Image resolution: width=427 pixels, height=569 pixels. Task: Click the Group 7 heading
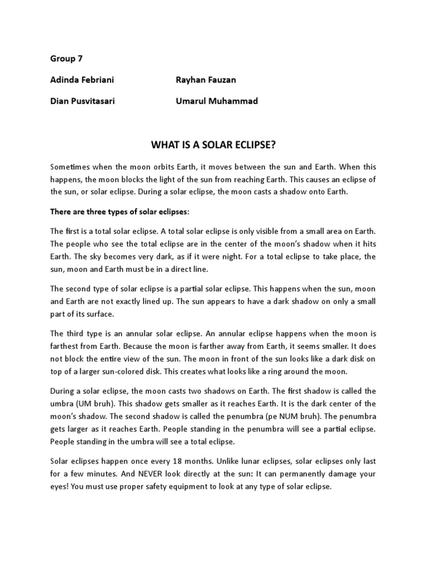66,58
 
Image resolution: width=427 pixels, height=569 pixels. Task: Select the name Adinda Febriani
82,80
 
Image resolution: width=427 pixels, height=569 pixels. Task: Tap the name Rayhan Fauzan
206,80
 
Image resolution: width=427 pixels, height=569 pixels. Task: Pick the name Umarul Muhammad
216,101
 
